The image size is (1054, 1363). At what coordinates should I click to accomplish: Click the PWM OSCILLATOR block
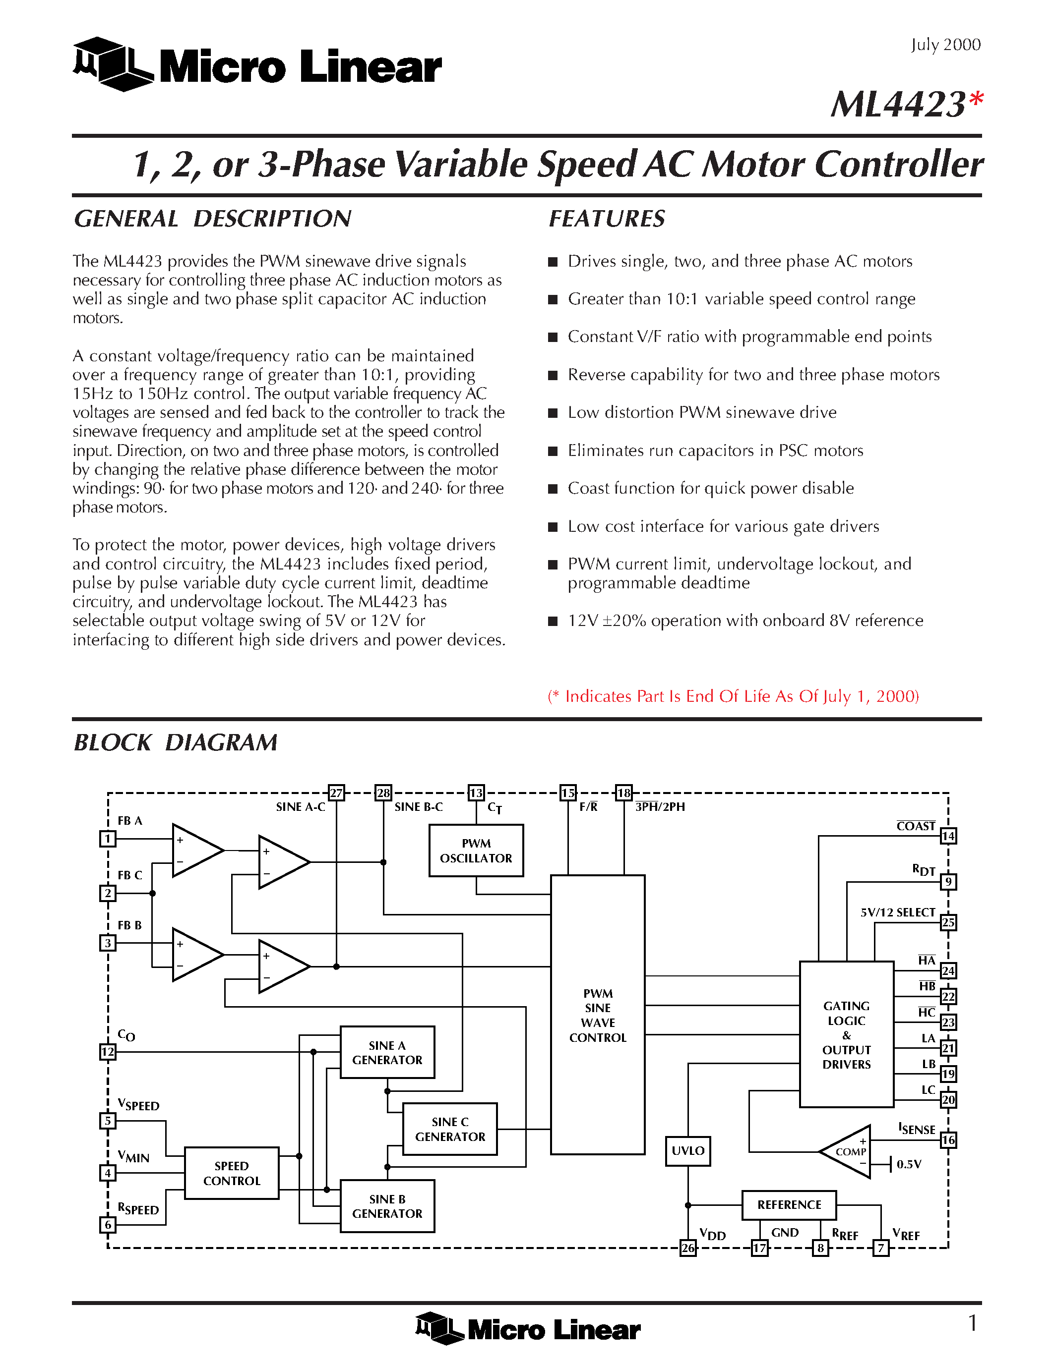point(476,851)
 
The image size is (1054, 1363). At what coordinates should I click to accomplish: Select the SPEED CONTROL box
point(232,1173)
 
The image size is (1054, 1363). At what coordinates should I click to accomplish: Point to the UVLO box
point(687,1151)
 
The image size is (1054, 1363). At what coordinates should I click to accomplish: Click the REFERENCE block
point(789,1204)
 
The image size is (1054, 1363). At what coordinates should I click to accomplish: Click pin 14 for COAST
point(948,836)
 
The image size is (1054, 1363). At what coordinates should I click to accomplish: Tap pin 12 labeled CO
point(108,1052)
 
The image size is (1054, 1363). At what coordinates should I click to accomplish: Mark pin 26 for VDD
point(687,1248)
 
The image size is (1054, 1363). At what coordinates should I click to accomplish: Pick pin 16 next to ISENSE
point(948,1140)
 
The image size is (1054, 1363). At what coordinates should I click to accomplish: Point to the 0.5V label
point(909,1164)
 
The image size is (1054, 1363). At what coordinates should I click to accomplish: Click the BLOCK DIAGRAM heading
point(176,742)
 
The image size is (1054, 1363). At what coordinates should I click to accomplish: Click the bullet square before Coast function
point(553,489)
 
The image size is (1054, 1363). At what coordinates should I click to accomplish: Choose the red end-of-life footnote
point(733,696)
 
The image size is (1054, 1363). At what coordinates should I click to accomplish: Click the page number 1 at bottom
point(972,1322)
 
